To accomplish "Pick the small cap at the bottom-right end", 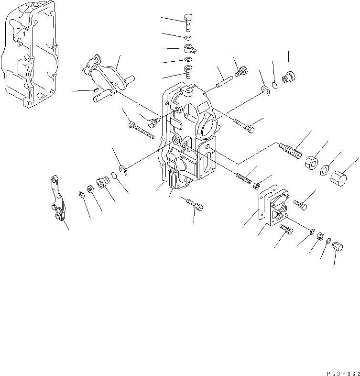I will [x=338, y=246].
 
